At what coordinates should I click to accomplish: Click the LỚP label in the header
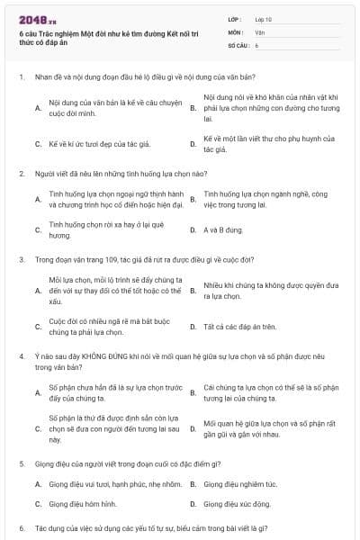[x=233, y=18]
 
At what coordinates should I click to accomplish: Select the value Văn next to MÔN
[x=260, y=31]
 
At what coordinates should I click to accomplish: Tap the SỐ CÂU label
[x=238, y=44]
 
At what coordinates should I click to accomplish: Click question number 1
[x=21, y=77]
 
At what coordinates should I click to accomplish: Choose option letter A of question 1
[x=37, y=108]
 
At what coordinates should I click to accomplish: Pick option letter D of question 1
[x=193, y=143]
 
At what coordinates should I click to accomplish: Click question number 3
[x=21, y=259]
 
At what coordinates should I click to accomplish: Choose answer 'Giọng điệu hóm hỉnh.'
[x=84, y=504]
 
